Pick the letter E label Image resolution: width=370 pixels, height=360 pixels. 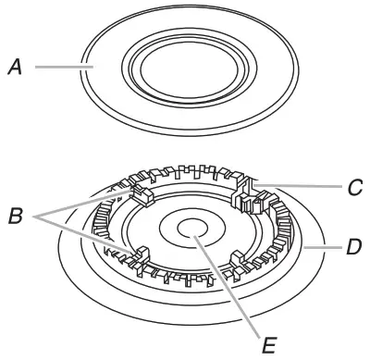[x=268, y=346]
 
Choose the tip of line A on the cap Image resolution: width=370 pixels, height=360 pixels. [x=84, y=67]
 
